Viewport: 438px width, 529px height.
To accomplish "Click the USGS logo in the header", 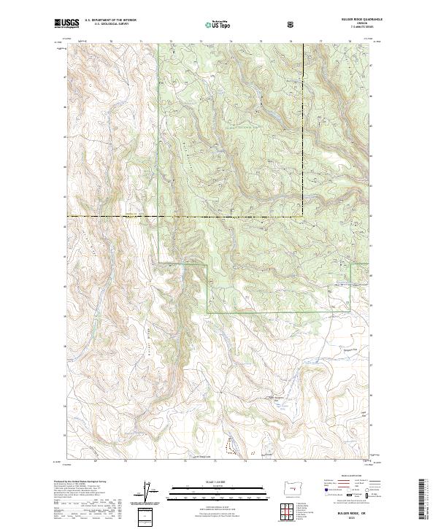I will pos(68,24).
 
